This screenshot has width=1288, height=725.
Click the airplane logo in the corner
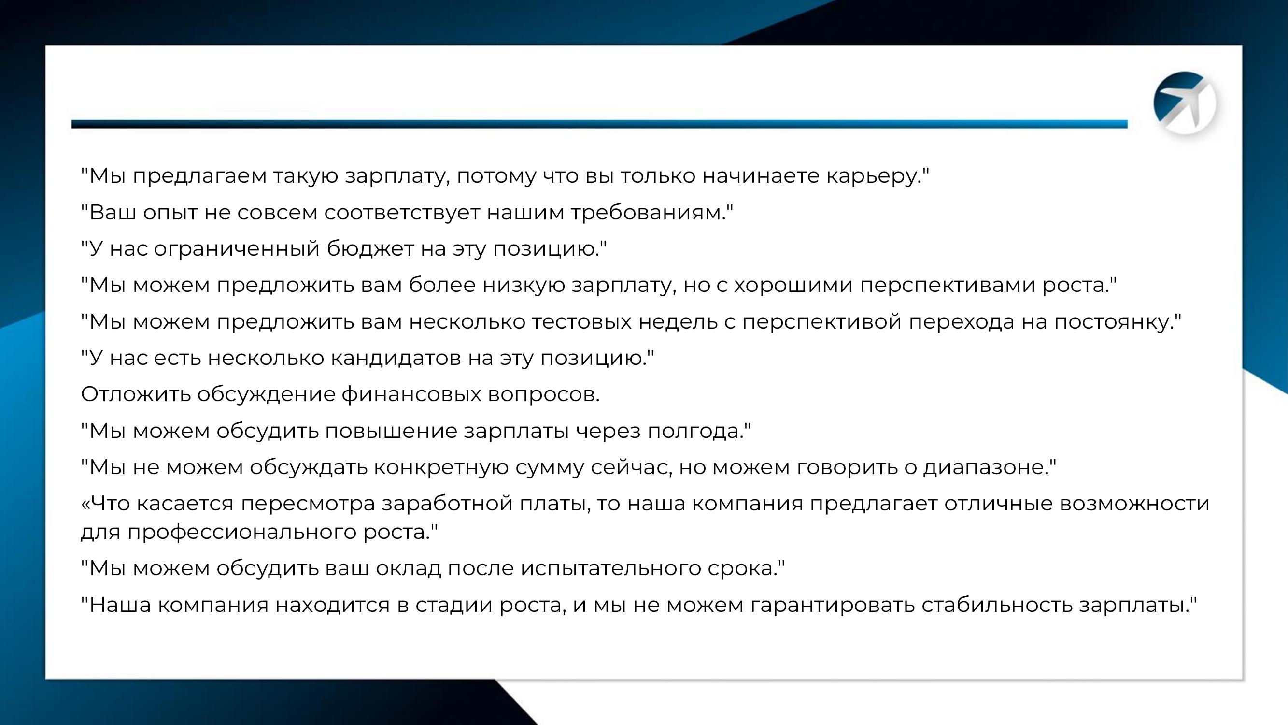(1185, 103)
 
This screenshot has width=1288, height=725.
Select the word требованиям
(649, 213)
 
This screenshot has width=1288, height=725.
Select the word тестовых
(581, 322)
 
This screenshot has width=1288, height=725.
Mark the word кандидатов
(396, 359)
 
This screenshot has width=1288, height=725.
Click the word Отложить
(136, 395)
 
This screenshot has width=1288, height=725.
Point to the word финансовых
(411, 395)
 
